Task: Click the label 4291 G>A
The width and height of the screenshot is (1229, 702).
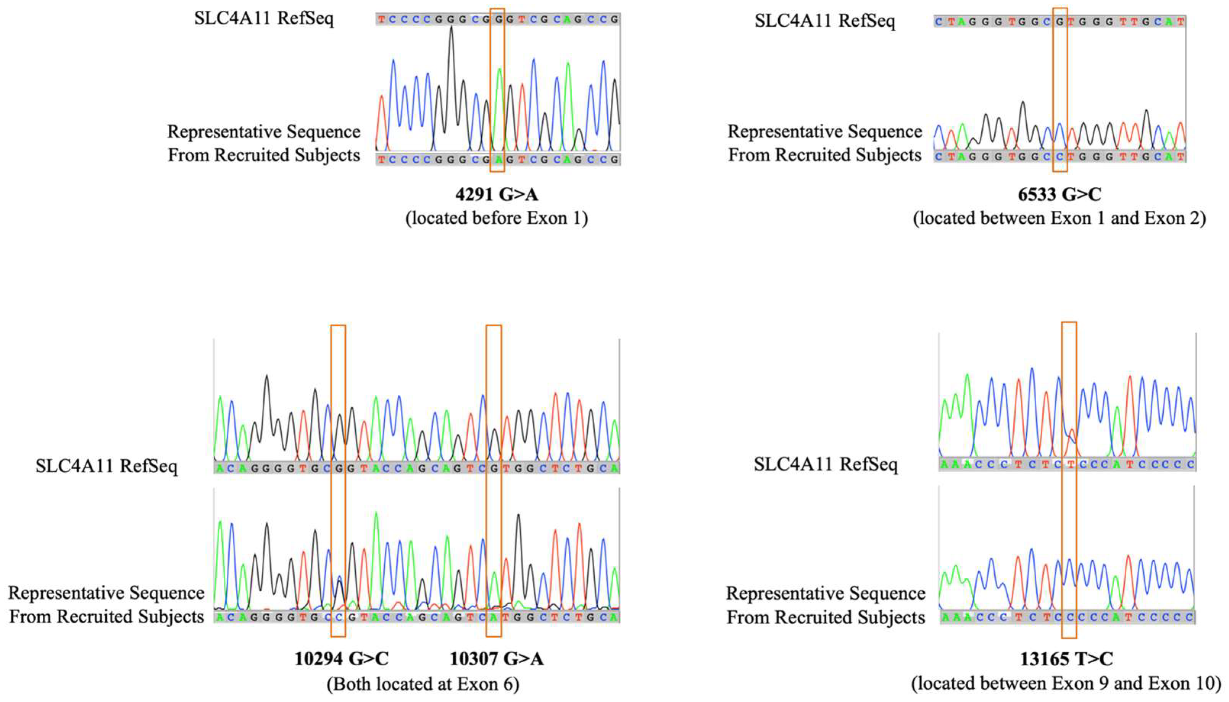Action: click(497, 194)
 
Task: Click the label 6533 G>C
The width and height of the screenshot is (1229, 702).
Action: click(1060, 194)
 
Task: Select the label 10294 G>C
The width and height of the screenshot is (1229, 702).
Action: click(341, 658)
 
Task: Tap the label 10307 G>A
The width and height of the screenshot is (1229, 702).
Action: click(497, 658)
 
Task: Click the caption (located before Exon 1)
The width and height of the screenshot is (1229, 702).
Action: click(497, 218)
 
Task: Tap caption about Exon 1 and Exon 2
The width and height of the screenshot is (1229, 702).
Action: click(1060, 218)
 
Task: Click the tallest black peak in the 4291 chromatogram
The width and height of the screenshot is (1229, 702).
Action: click(451, 29)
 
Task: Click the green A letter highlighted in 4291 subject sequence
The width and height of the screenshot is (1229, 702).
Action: click(497, 160)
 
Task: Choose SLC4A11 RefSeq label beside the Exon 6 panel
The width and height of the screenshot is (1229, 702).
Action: click(106, 466)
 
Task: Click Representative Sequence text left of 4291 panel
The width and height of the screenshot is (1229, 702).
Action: click(264, 132)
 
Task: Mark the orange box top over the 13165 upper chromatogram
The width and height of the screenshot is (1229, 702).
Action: click(1069, 323)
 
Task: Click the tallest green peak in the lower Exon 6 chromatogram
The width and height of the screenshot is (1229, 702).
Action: click(376, 514)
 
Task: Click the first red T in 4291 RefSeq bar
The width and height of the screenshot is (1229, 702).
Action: click(382, 20)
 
